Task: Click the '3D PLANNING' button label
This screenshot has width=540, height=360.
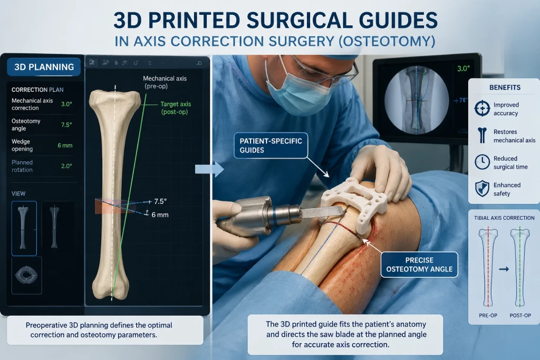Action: pos(44,67)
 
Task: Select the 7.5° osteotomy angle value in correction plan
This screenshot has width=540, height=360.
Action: pos(66,124)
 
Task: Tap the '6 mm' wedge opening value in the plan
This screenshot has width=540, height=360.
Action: pos(65,145)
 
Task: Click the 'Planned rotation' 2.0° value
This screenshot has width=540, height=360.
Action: pos(66,166)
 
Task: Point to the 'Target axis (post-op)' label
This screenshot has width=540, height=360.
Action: pos(175,108)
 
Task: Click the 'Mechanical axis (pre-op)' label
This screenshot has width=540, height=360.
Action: pos(165,82)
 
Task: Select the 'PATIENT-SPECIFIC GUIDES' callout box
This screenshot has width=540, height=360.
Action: pos(271,145)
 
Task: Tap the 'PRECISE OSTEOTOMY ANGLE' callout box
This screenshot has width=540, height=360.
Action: pos(419,265)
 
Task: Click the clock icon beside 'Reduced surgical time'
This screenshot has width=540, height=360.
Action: pos(482,162)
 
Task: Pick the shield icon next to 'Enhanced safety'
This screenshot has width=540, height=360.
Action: pos(482,189)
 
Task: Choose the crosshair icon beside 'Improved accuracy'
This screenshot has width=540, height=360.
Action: pos(482,109)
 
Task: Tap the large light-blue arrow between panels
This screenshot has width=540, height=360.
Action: pos(209,169)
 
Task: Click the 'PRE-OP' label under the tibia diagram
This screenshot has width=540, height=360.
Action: pos(488,315)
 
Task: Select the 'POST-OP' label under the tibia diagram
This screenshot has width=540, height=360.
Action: pos(520,315)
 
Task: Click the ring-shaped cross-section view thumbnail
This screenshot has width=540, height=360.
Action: pos(26,275)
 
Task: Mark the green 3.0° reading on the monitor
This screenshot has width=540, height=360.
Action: pos(463,69)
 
